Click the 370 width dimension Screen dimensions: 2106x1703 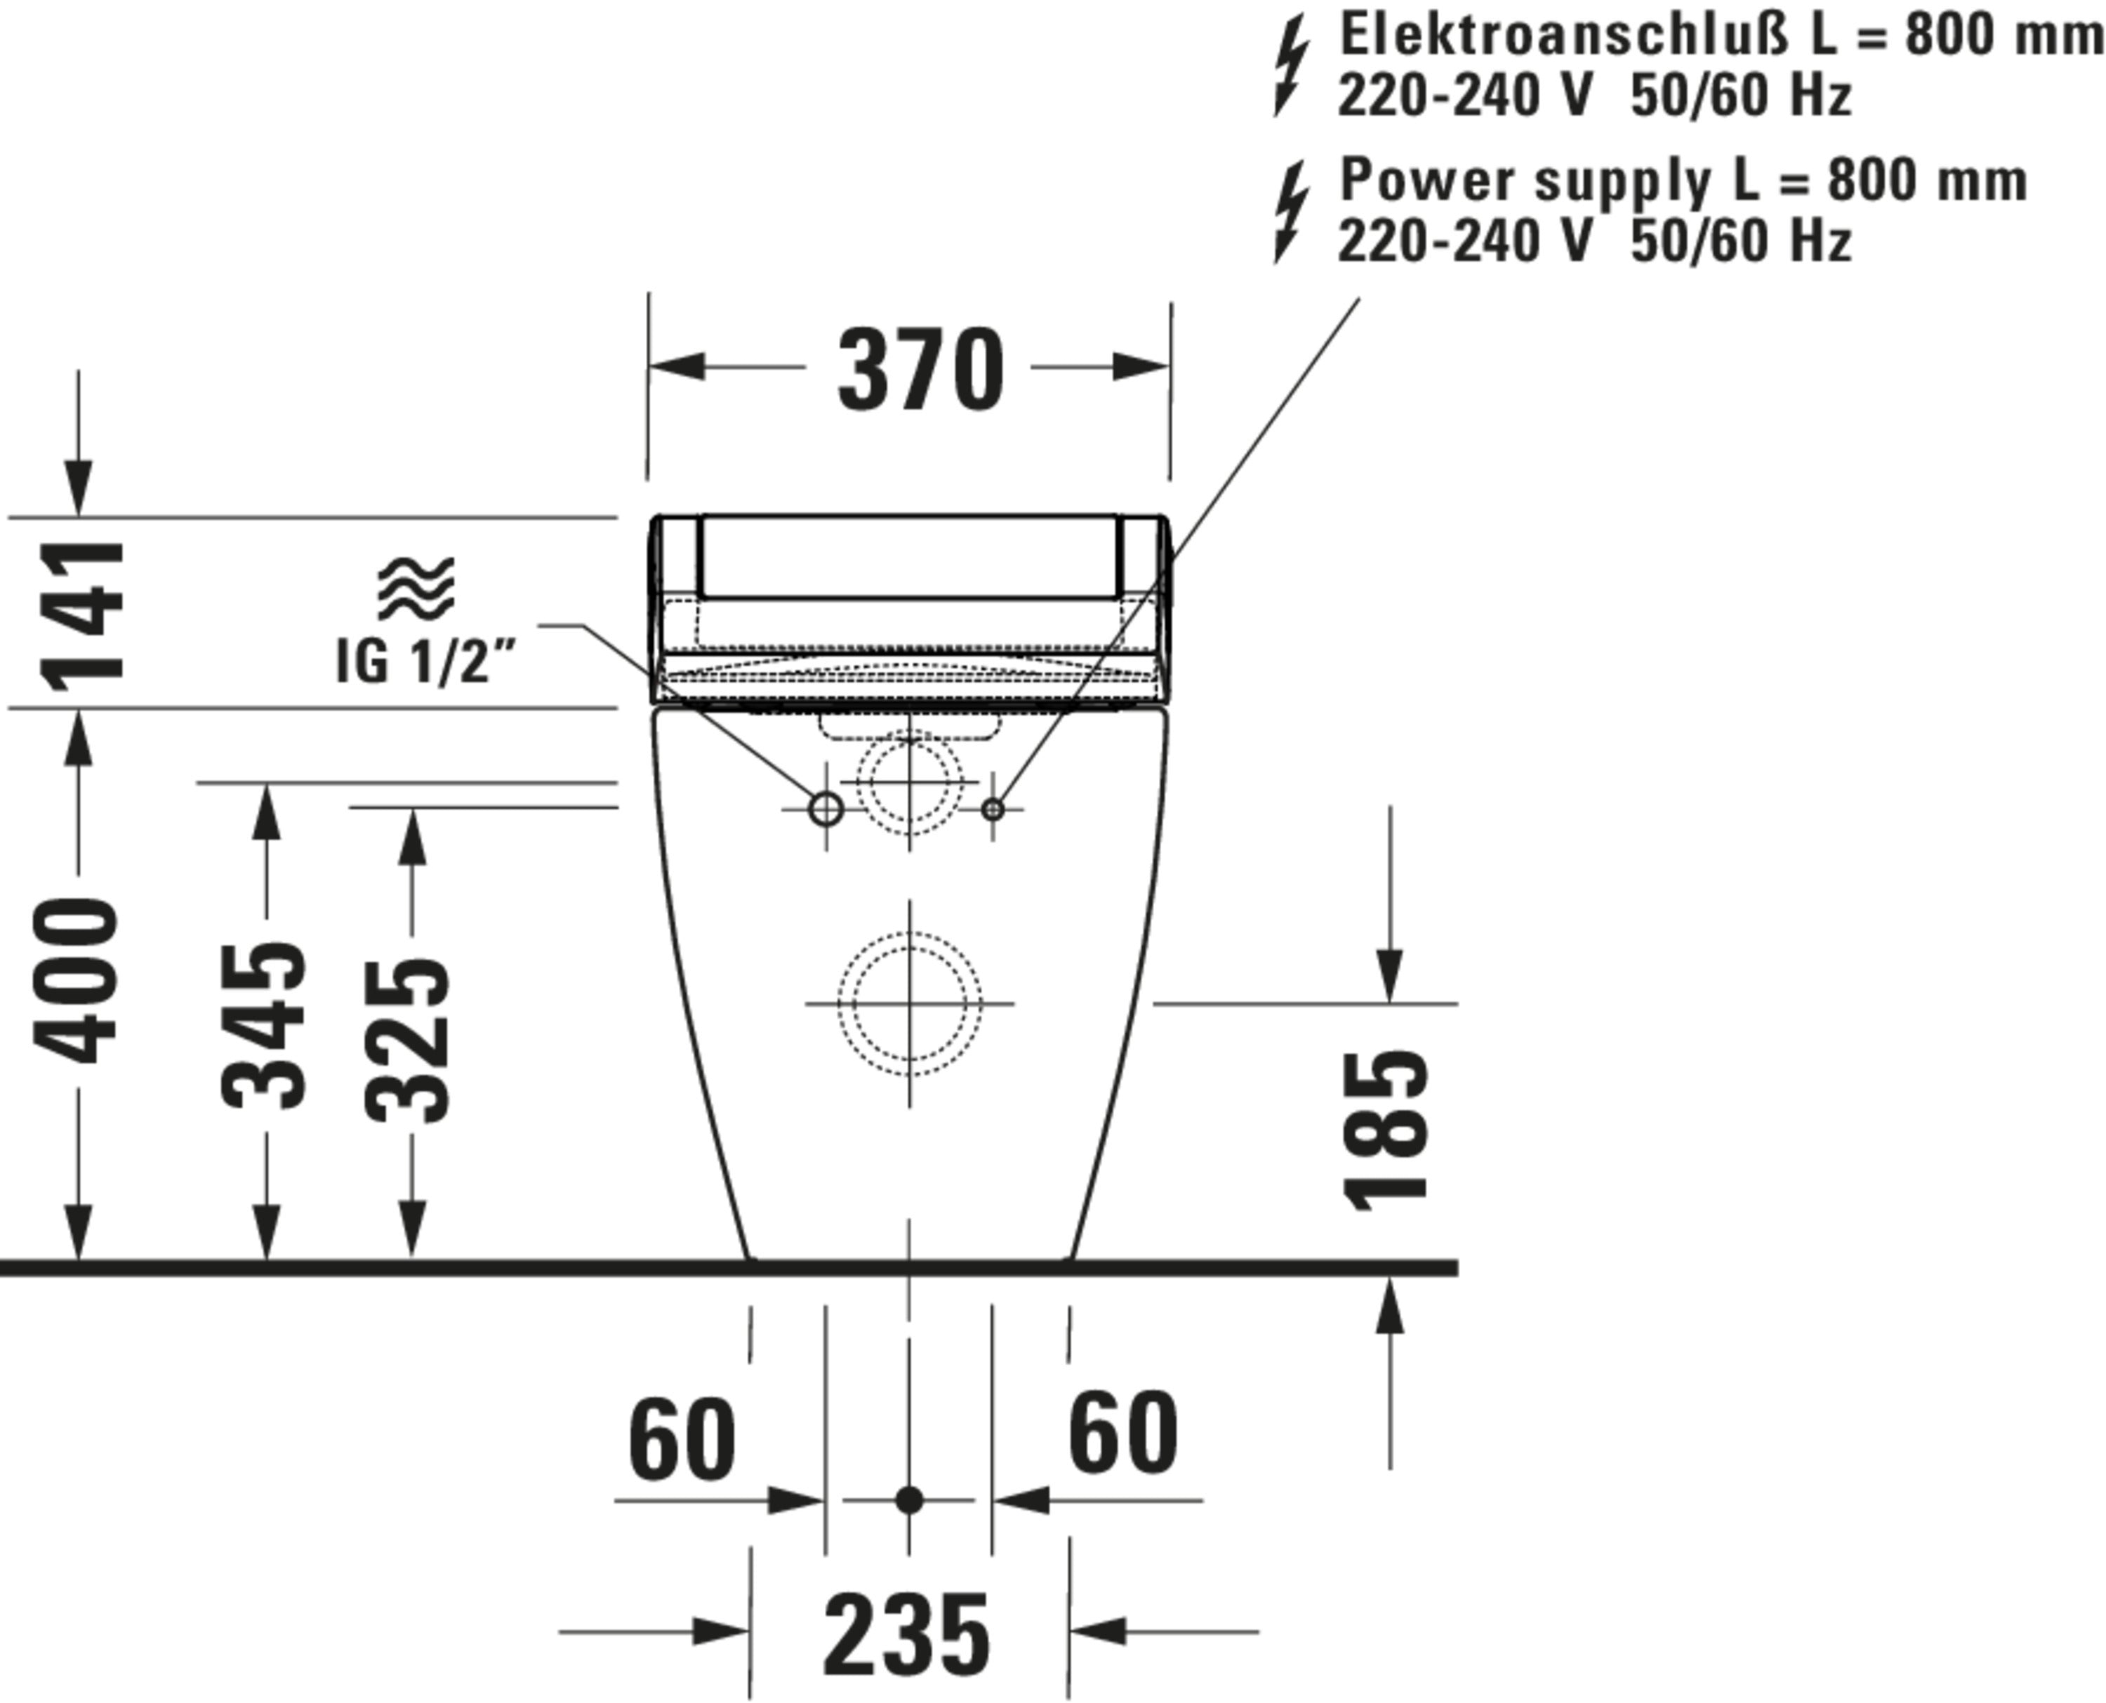(x=920, y=370)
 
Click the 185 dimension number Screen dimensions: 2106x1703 (x=1386, y=1131)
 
